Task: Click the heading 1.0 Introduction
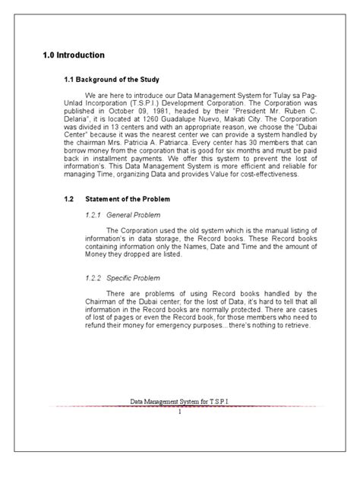pos(74,55)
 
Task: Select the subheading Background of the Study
pos(123,79)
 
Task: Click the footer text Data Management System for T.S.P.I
pos(181,402)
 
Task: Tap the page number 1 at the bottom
pos(179,412)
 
